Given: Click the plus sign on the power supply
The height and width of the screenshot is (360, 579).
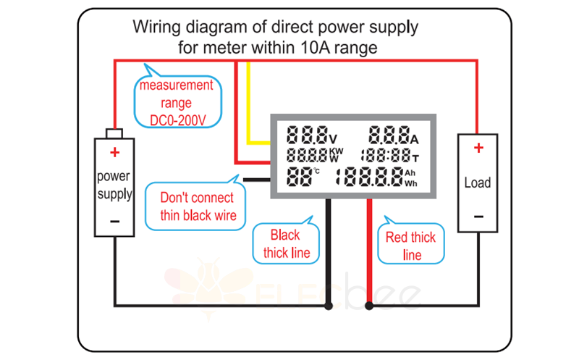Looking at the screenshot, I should [114, 152].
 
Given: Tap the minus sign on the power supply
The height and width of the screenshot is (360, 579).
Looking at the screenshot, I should [114, 220].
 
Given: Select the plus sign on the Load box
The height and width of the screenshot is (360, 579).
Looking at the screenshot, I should [478, 148].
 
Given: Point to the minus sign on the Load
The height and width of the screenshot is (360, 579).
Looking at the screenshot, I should [478, 217].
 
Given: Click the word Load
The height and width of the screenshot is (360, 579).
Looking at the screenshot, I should [477, 183].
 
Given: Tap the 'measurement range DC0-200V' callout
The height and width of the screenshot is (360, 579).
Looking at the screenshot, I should [177, 102].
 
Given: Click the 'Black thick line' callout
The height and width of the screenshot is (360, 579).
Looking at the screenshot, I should [285, 243].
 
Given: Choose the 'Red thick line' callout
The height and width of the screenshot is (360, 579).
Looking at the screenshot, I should [410, 246].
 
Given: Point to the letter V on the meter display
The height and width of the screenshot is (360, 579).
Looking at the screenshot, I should [333, 138].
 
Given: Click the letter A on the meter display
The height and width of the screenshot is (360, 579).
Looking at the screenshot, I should [415, 138].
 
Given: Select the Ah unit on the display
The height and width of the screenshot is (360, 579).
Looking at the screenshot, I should [410, 172].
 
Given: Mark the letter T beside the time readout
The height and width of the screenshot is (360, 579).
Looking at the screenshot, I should [415, 156].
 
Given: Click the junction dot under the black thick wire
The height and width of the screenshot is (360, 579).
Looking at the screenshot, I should [329, 306].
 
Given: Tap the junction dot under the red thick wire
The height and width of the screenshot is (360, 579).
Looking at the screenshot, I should [370, 306].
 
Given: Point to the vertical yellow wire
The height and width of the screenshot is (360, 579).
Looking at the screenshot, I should [249, 101].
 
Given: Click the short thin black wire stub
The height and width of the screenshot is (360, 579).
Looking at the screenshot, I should [257, 178].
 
